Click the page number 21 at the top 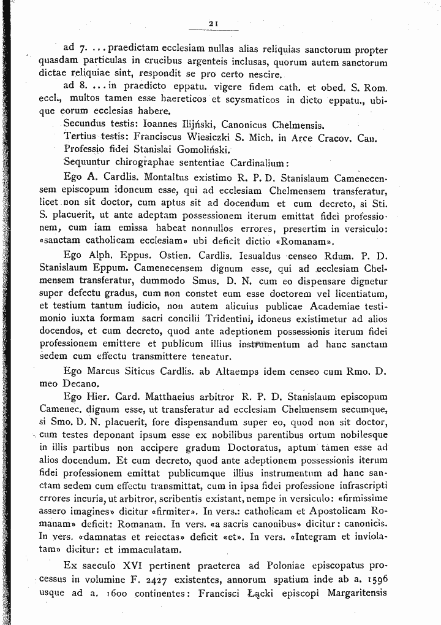(x=214, y=23)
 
